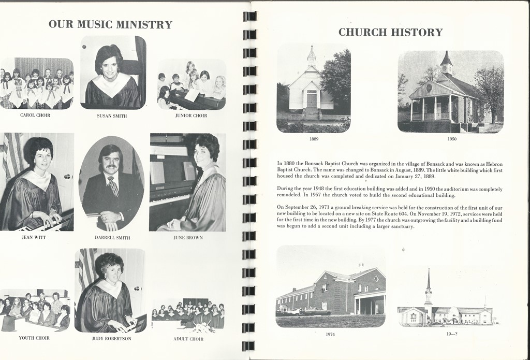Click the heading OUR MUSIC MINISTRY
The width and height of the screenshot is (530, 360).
[x=110, y=24]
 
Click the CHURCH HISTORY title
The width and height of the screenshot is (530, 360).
[x=390, y=32]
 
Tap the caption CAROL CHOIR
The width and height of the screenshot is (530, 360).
[x=35, y=115]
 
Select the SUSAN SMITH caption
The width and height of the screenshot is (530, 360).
[x=112, y=116]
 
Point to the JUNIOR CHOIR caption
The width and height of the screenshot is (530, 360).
[x=191, y=116]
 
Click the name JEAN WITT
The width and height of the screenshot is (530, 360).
[x=34, y=237]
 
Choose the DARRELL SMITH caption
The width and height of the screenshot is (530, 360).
[x=112, y=238]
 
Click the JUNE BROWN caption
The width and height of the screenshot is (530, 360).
[x=188, y=238]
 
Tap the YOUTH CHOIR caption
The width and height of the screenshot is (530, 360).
[x=34, y=338]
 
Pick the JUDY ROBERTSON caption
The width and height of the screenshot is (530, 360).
[x=111, y=338]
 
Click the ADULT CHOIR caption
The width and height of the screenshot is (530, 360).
[x=188, y=339]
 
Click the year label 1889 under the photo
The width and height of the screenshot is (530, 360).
[x=314, y=138]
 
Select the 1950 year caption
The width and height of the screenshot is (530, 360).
[x=451, y=138]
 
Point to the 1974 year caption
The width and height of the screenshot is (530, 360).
[x=330, y=334]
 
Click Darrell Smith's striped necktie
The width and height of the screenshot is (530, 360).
[x=112, y=185]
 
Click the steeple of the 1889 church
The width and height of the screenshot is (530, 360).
[x=312, y=55]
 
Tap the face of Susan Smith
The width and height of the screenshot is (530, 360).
[x=109, y=66]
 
